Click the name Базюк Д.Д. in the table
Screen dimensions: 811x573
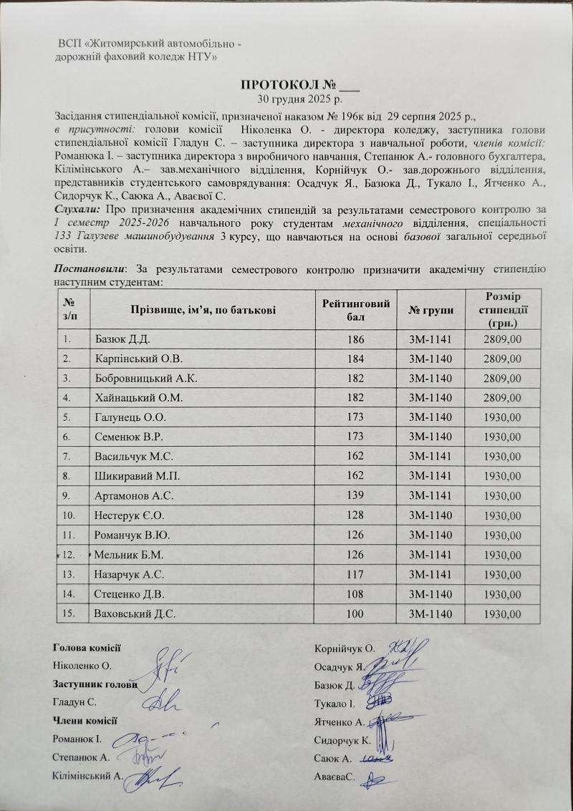(x=122, y=339)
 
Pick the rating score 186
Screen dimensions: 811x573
(x=356, y=339)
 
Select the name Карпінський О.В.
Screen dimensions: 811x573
(x=134, y=358)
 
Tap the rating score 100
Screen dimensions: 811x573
(x=356, y=613)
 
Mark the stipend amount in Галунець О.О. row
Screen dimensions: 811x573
(x=501, y=417)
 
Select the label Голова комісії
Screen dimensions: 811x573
(x=87, y=648)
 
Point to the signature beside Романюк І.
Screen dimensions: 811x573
(x=147, y=738)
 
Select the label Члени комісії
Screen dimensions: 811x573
(x=85, y=720)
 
